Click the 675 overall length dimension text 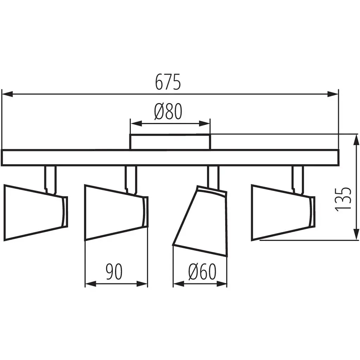(x=168, y=82)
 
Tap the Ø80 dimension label (x=168, y=111)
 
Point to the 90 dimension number (x=114, y=272)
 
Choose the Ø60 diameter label (x=202, y=272)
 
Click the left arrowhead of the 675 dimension (x=7, y=94)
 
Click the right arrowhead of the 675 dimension (x=333, y=94)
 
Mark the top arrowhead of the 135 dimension (x=356, y=140)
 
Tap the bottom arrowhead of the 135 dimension (x=356, y=234)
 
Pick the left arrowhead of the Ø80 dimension (x=136, y=124)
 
